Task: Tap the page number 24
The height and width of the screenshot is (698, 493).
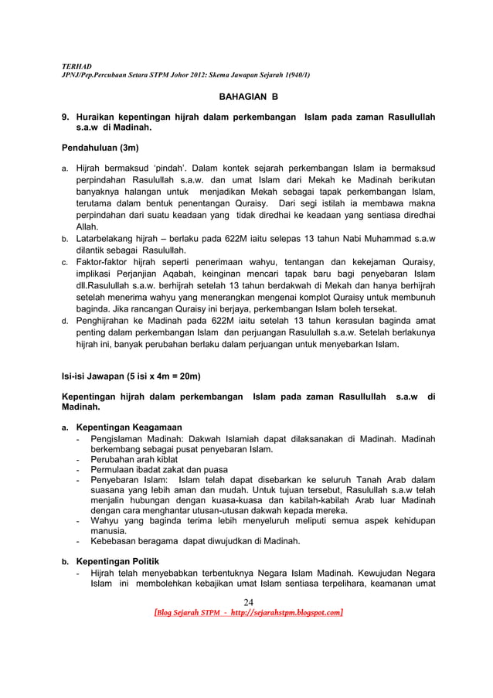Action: (x=248, y=602)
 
